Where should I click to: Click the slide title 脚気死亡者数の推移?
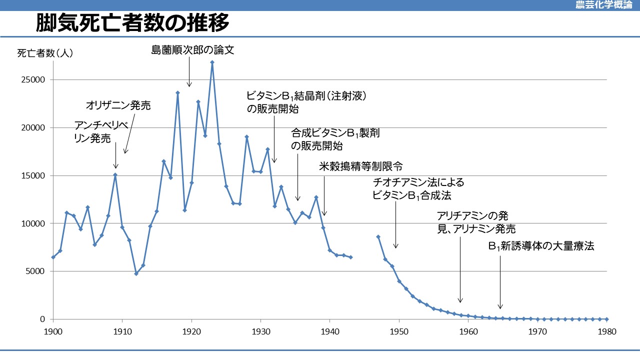132,23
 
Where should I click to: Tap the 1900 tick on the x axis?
53,331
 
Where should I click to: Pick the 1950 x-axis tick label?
399,331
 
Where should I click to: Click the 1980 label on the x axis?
606,331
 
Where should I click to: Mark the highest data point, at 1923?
212,62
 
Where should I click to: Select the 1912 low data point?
136,273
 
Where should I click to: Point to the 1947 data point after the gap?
378,236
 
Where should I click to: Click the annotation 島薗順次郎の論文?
192,50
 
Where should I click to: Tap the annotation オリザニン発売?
118,105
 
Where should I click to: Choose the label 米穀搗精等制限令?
360,166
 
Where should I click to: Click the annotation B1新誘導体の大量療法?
541,246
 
